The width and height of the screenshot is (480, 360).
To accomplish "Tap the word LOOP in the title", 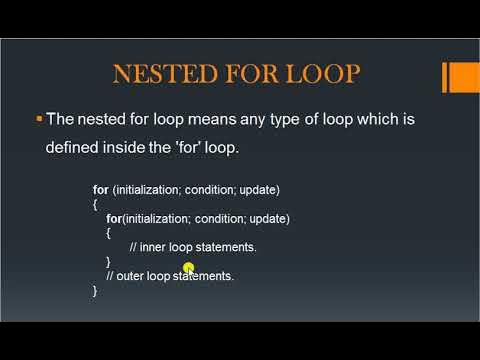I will (x=326, y=76).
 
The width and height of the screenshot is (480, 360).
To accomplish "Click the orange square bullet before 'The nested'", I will (x=38, y=119).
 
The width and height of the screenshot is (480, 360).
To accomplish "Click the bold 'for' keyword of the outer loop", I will (x=100, y=190).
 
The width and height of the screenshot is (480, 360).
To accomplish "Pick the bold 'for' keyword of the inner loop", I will (x=114, y=218).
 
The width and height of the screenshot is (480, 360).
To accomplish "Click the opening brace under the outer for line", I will (x=95, y=204).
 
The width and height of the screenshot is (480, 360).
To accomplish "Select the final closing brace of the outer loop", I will (x=95, y=289).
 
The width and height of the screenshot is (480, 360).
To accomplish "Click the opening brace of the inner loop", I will (x=109, y=232).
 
